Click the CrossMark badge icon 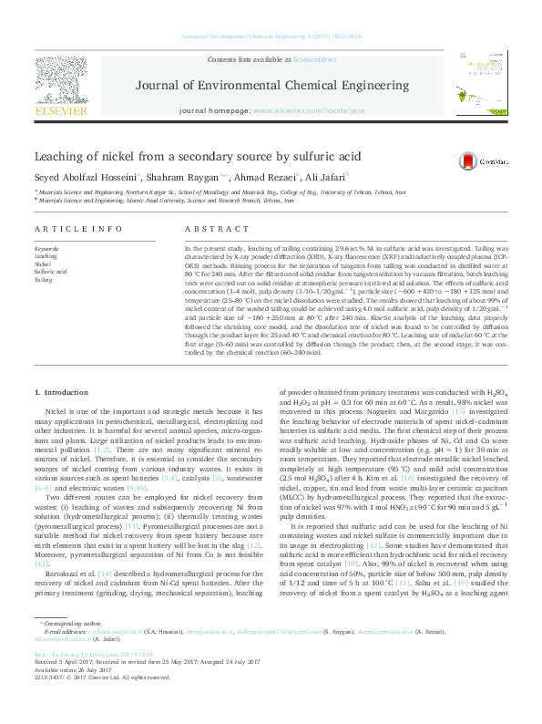point(493,160)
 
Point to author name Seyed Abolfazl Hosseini point(83,177)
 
